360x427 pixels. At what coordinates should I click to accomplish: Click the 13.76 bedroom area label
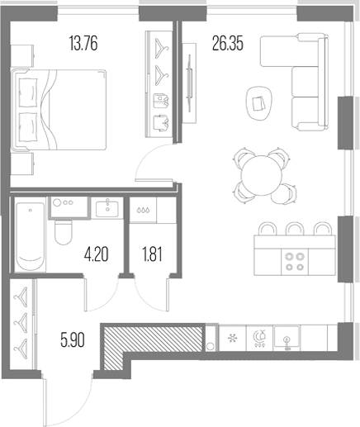pos(83,44)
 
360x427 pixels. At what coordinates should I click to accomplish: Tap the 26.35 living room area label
pos(228,44)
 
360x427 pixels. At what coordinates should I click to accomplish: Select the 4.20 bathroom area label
pos(97,254)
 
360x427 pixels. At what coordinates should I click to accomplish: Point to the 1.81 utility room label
pos(152,254)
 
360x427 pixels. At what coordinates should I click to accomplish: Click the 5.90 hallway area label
pos(73,340)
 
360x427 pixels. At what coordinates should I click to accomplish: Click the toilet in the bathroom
pos(63,232)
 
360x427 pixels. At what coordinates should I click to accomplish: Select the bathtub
pos(30,236)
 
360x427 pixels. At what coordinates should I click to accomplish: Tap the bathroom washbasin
pos(107,209)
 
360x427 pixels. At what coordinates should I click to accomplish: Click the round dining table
pos(262,175)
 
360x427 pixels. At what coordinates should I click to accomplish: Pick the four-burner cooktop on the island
pos(295,262)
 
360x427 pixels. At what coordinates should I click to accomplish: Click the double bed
pos(59,110)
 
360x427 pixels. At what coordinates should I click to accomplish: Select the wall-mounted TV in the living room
pos(189,83)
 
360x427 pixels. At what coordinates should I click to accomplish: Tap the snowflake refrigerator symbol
pos(233,338)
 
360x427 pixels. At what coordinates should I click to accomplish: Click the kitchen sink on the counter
pos(287,337)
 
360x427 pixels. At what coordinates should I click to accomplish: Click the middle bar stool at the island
pos(295,229)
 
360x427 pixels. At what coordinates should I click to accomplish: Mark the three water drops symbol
pos(143,211)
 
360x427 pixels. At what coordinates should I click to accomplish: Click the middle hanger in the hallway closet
pos(21,320)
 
